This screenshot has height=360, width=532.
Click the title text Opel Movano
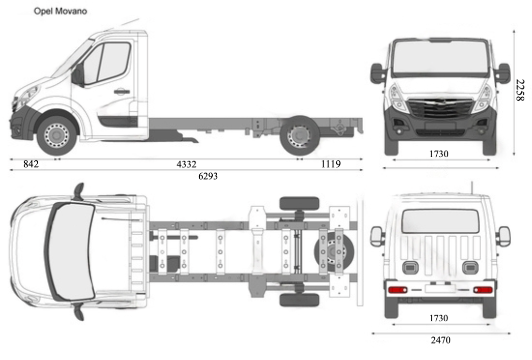pos(60,11)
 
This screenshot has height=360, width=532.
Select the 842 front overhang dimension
pos(31,165)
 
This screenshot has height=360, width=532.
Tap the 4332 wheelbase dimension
pos(186,165)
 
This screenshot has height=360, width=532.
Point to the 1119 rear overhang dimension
pos(331,165)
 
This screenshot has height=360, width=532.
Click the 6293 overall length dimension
pos(208,177)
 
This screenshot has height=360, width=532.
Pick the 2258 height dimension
pos(519,90)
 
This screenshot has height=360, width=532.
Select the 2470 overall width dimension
pos(441,340)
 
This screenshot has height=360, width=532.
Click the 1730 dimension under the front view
pos(439,154)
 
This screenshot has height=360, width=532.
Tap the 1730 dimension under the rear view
pos(439,318)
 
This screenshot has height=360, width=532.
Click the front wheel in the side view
pos(57,134)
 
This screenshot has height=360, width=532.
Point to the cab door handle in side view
pos(121,91)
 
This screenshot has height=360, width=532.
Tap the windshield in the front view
pos(440,57)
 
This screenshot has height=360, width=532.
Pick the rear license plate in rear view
pos(440,289)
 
